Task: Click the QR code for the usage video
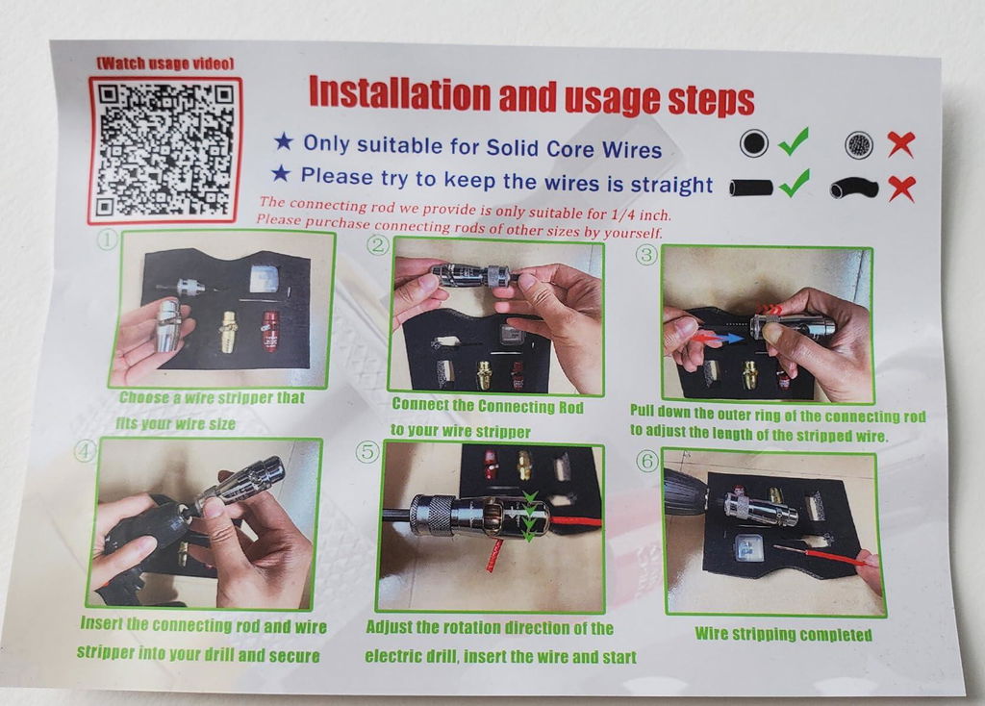(x=164, y=149)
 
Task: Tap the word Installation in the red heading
(x=399, y=93)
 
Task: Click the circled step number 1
(x=108, y=240)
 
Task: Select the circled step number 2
(x=377, y=244)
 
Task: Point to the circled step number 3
(x=647, y=254)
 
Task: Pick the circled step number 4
(x=85, y=449)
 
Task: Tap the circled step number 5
(x=367, y=452)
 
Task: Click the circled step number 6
(x=648, y=461)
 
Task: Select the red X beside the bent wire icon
(x=901, y=189)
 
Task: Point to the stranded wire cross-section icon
(x=859, y=145)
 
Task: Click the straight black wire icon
(x=751, y=188)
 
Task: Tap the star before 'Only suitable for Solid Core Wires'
(x=284, y=141)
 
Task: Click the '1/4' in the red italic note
(x=622, y=214)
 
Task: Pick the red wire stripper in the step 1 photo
(x=270, y=331)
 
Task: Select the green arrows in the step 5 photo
(x=529, y=517)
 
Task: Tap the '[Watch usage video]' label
(x=165, y=63)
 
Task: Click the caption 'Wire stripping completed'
(x=783, y=634)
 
